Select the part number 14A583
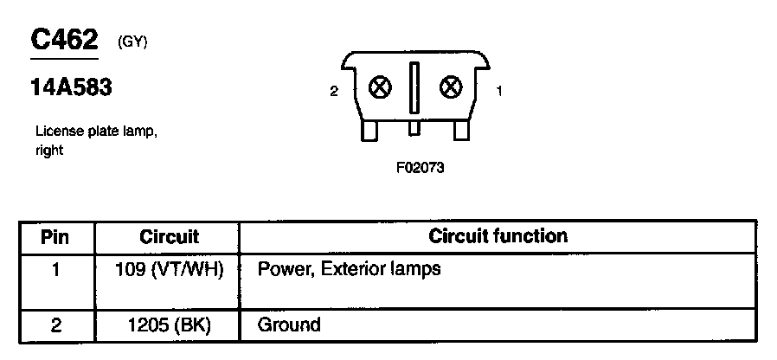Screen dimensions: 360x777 tap(71, 88)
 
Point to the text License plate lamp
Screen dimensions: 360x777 tap(97, 132)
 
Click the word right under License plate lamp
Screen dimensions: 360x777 tap(50, 150)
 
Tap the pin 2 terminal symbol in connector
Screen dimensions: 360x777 tap(379, 87)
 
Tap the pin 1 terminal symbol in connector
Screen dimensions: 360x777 tap(450, 87)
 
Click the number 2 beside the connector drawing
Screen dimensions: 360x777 tap(334, 90)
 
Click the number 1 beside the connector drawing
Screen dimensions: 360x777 tap(499, 90)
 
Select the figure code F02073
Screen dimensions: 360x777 tap(420, 169)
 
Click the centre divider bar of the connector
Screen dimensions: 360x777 tap(414, 88)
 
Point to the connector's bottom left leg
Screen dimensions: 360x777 tap(369, 130)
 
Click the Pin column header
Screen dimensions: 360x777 tap(55, 236)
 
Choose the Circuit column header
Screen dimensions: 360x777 tap(169, 236)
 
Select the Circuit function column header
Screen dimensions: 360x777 tap(498, 235)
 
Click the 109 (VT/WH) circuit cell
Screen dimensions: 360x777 tap(169, 269)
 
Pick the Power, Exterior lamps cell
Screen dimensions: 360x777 tap(350, 269)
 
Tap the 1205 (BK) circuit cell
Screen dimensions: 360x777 tap(169, 325)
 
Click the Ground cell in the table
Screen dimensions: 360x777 tap(289, 325)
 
